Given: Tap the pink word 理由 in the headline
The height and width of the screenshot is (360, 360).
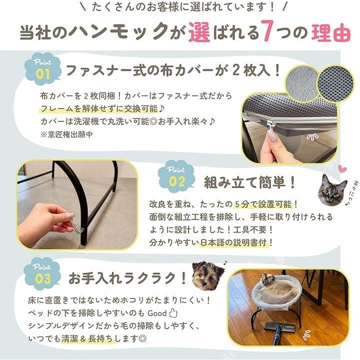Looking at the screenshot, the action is click(331, 32).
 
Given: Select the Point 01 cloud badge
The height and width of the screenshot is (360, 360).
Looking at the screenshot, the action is click(42, 69).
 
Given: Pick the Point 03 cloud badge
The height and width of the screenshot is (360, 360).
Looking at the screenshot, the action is click(42, 273).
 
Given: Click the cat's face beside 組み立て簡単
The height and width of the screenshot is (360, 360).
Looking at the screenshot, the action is click(332, 189).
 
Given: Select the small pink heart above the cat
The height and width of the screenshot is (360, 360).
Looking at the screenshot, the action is click(342, 169).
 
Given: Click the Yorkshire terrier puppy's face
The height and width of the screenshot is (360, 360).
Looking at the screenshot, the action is click(207, 275).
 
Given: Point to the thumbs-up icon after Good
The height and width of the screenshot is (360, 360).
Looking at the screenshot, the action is click(173, 313).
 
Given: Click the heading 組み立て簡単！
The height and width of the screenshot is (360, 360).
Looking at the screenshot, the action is click(249, 183).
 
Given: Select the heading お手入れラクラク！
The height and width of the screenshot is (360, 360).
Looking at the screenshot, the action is click(128, 278).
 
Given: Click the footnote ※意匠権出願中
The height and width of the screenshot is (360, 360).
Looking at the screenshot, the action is click(66, 134).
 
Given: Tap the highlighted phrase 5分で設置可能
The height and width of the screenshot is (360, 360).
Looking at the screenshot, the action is click(263, 204).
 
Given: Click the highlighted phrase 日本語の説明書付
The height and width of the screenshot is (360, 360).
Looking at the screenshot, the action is click(233, 242).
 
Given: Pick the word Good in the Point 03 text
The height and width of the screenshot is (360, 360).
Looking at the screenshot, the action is click(157, 313).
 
